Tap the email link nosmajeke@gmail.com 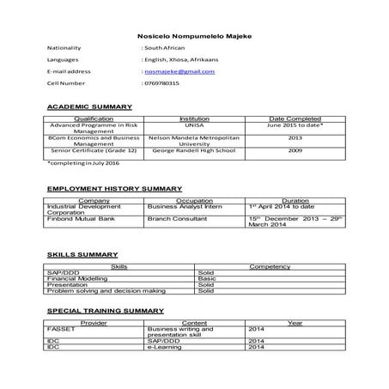pyautogui.click(x=179, y=72)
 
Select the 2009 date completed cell pyautogui.click(x=295, y=151)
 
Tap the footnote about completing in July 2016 pyautogui.click(x=82, y=162)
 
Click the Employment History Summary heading pyautogui.click(x=113, y=188)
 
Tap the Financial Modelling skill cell pyautogui.click(x=76, y=279)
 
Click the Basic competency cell pyautogui.click(x=206, y=279)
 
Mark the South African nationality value pyautogui.click(x=163, y=50)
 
